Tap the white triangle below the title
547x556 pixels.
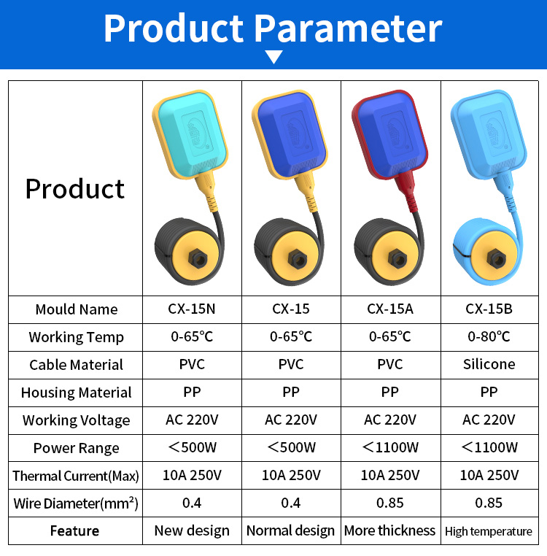pos(273,57)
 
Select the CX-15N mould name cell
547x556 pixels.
pos(192,309)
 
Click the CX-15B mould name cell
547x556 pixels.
pos(489,309)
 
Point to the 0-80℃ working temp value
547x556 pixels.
pos(489,336)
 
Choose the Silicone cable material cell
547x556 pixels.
pos(489,364)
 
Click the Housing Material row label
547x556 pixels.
pos(76,393)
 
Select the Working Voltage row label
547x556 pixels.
pos(76,420)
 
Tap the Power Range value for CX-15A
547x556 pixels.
pos(390,447)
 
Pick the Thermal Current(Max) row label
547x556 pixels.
pos(76,476)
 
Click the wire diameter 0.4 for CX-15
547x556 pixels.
pos(291,503)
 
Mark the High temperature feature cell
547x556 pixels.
pos(489,531)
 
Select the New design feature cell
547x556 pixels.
pos(192,530)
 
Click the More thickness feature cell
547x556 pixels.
pos(390,530)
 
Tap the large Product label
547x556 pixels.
pos(75,188)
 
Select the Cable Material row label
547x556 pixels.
pos(76,365)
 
